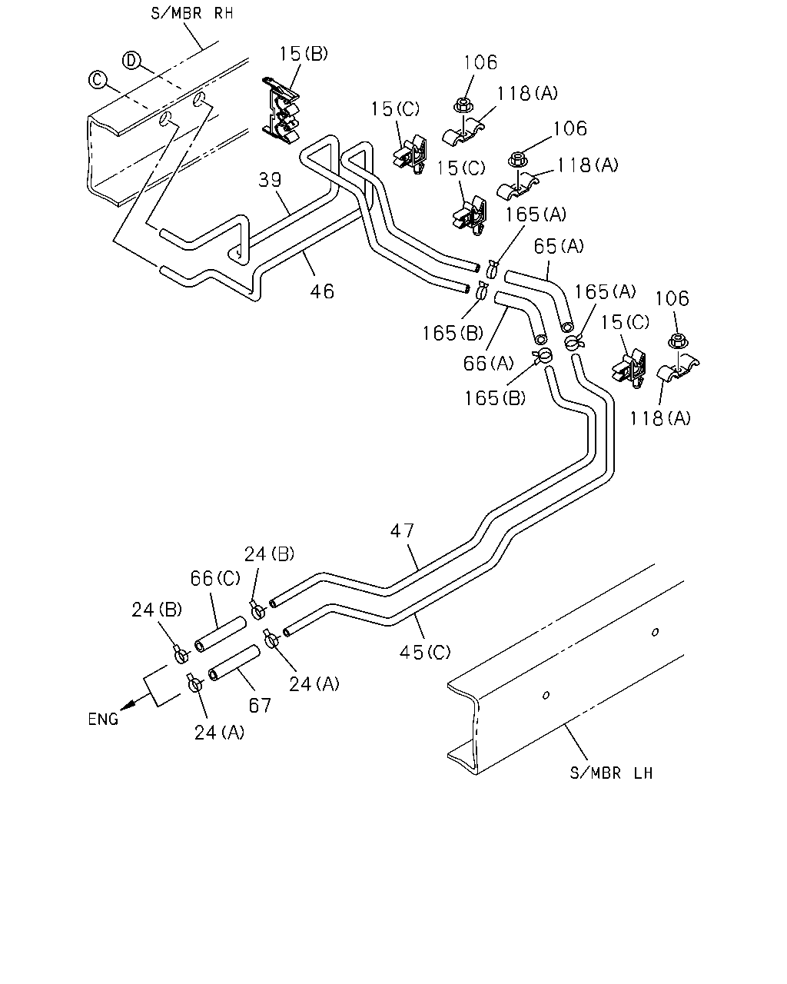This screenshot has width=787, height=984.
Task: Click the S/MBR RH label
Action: point(192,13)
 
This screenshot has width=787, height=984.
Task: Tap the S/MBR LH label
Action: point(611,773)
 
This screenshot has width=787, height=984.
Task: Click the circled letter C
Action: point(98,79)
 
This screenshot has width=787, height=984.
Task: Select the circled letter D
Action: point(131,61)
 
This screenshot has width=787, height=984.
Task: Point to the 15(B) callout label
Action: point(304,54)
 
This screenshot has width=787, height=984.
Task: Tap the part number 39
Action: point(269,180)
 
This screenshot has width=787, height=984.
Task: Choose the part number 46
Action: point(322,291)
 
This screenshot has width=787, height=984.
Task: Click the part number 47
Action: point(403,531)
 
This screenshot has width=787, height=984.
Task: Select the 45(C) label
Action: point(425,652)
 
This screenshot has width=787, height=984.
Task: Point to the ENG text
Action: point(103,720)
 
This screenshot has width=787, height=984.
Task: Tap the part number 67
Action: point(260,706)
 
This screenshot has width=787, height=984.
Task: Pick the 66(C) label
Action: point(215,578)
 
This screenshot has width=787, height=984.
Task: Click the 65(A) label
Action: point(559,247)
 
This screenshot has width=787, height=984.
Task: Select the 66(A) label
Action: point(488,364)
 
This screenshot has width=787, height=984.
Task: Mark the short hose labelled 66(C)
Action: point(221,633)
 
